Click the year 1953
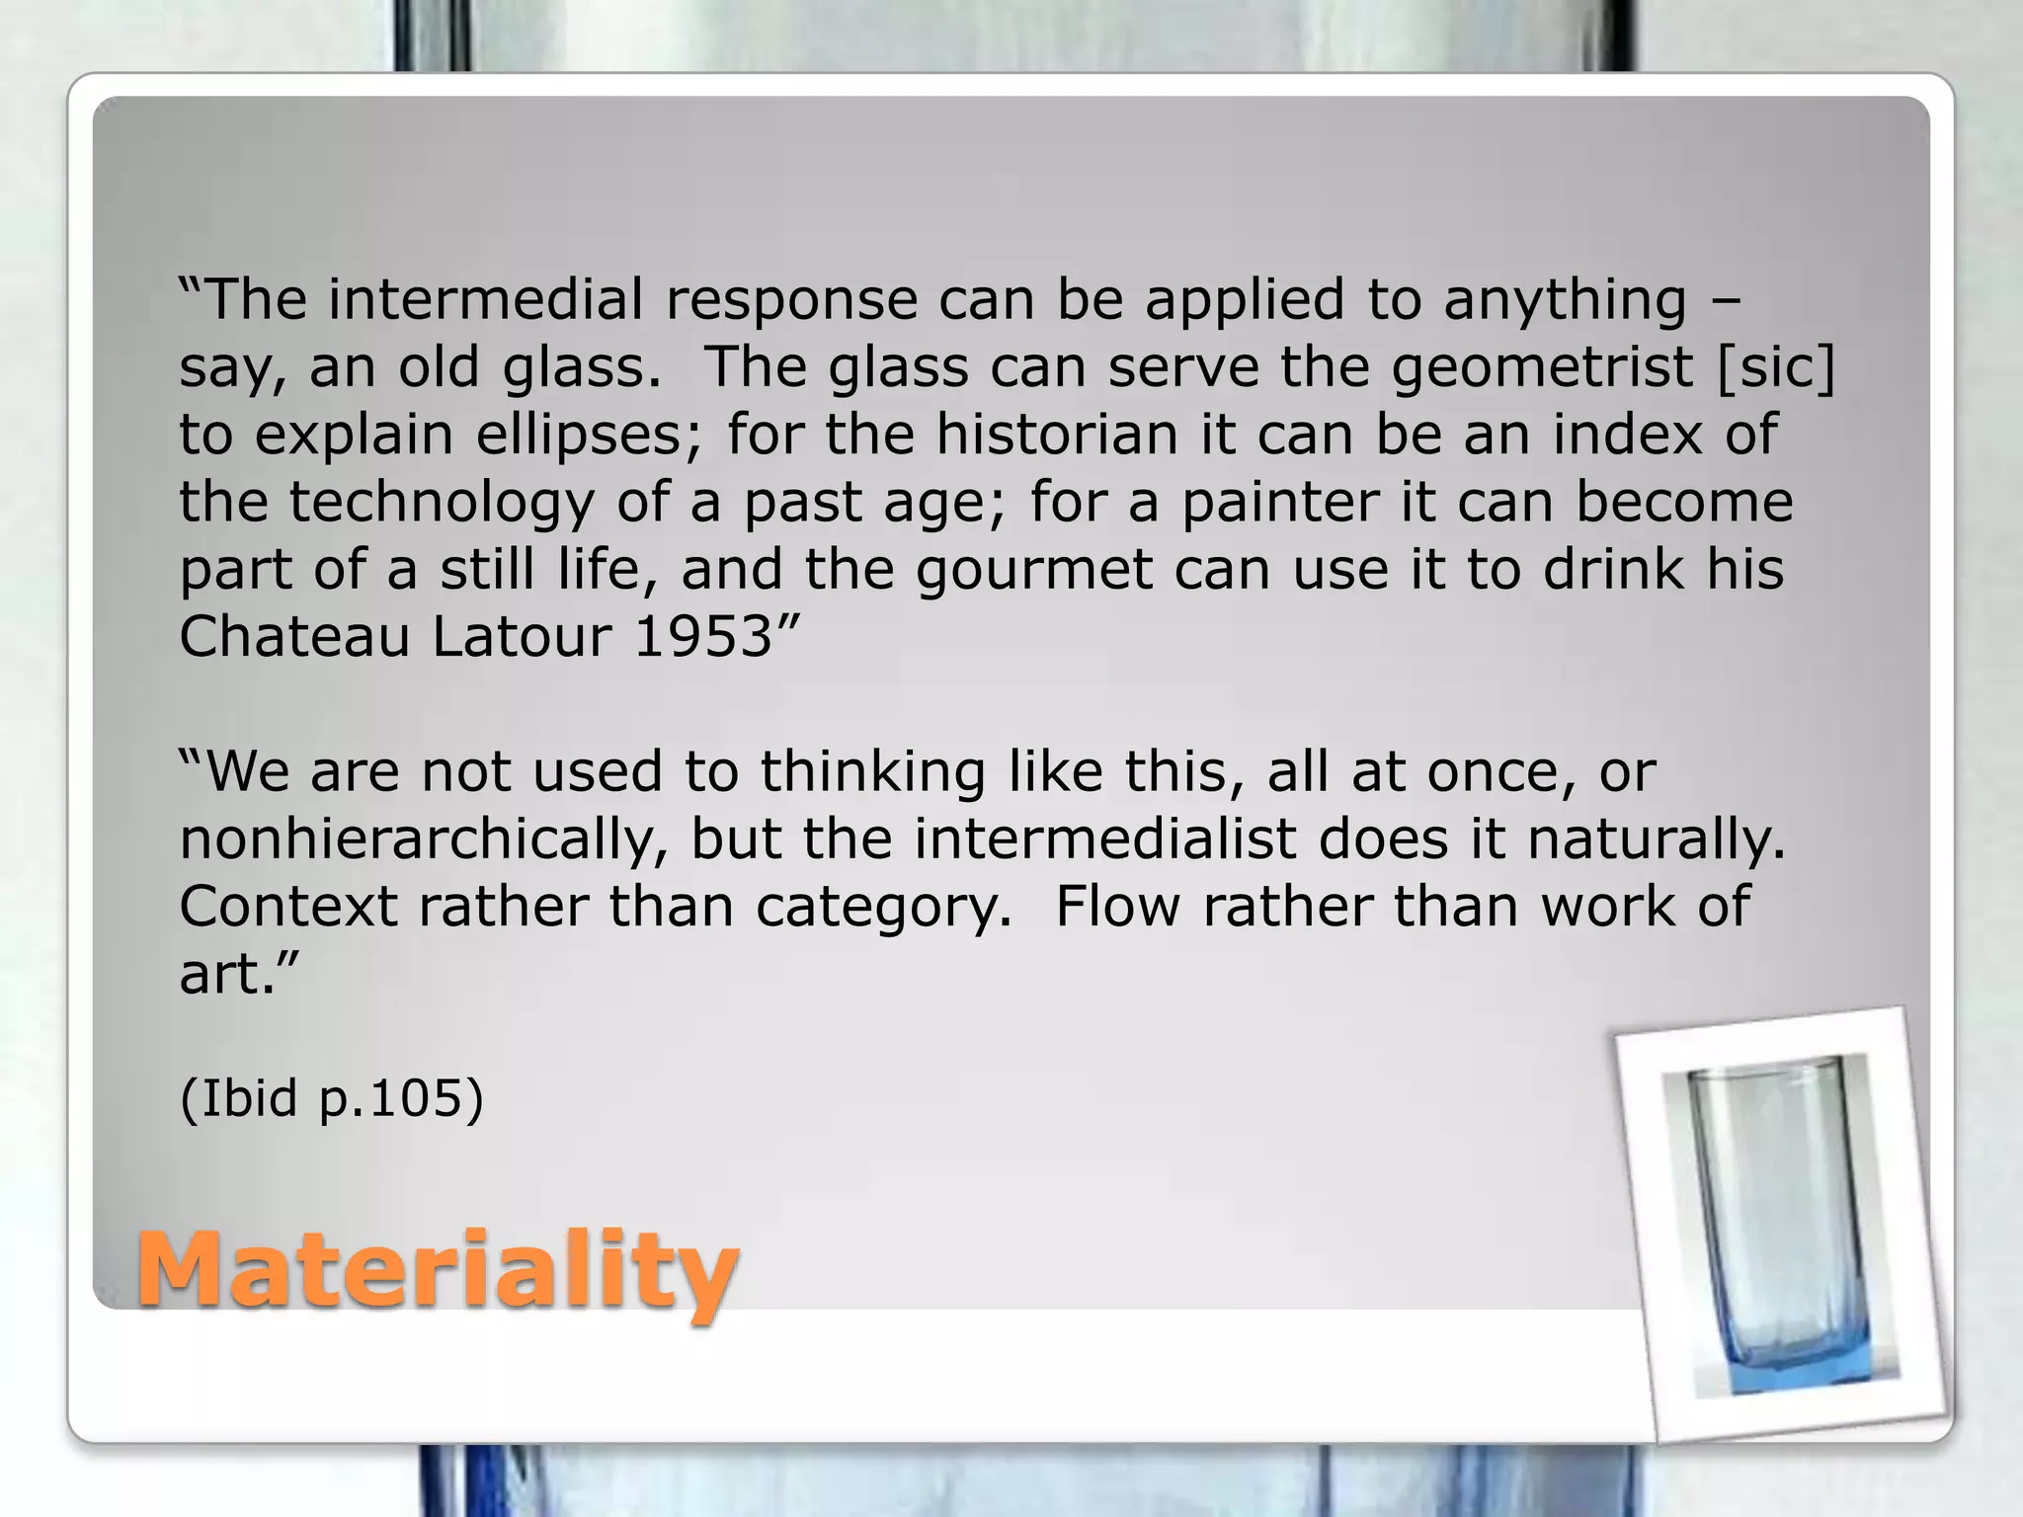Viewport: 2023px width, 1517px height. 701,637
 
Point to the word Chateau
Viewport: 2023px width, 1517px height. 293,637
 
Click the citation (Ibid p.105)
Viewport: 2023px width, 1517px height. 331,1098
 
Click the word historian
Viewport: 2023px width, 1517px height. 1057,435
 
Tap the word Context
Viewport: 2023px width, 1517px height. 287,907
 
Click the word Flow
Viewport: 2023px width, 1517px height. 1117,907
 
